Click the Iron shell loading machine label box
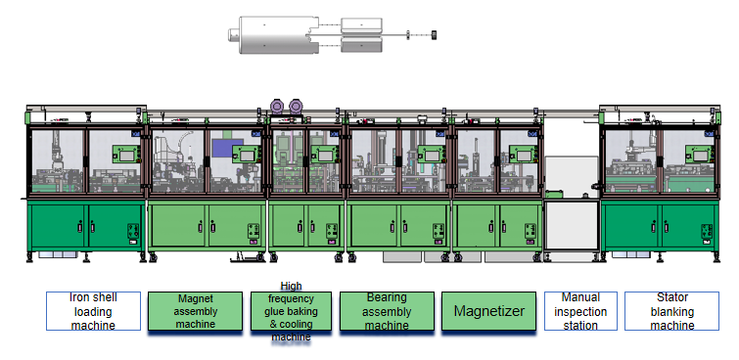[x=93, y=310]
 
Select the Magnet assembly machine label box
[x=195, y=311]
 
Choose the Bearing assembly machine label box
[x=387, y=311]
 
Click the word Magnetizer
[x=488, y=312]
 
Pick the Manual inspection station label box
[x=579, y=311]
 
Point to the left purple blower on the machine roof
[x=279, y=105]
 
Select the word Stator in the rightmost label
[x=671, y=298]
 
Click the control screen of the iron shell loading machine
[x=124, y=154]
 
